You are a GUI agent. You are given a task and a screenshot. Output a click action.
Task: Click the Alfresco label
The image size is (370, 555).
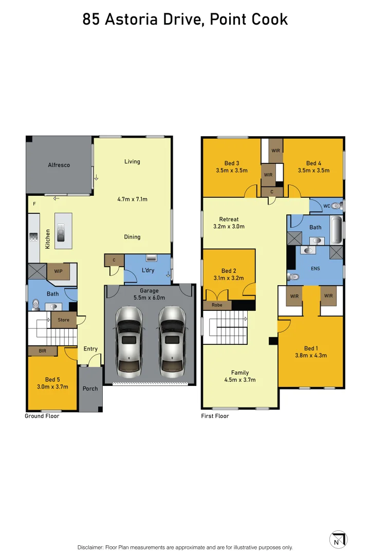point(59,165)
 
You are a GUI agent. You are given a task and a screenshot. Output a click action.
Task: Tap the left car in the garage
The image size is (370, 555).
point(129,342)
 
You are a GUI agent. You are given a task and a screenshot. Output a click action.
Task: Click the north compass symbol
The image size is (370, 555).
point(338,540)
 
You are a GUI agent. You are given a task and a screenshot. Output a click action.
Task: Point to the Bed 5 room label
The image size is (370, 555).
point(52,379)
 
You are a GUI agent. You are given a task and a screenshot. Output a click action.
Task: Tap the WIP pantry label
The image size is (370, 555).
point(59,271)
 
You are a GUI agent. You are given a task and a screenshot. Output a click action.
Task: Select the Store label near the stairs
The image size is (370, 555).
point(64,320)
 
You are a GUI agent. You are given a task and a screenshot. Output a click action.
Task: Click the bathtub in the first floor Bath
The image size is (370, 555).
point(337,230)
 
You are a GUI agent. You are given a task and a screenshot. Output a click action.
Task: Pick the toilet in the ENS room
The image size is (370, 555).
point(293,277)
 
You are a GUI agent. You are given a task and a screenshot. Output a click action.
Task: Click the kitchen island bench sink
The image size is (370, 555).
point(61,232)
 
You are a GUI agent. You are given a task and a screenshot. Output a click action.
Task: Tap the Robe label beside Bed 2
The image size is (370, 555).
point(217,305)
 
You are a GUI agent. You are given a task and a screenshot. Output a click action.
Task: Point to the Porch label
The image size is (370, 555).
point(90,388)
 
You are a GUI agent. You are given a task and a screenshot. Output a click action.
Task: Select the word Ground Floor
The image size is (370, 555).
point(42,416)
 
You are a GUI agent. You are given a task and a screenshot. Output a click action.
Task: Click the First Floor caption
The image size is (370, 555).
point(215,416)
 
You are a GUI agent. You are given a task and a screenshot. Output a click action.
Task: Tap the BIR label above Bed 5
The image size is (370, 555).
point(43,351)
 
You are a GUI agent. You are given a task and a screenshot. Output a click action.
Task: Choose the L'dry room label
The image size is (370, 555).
point(148,270)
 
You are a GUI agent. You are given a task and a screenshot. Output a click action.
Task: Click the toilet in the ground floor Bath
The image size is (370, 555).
point(36,304)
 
